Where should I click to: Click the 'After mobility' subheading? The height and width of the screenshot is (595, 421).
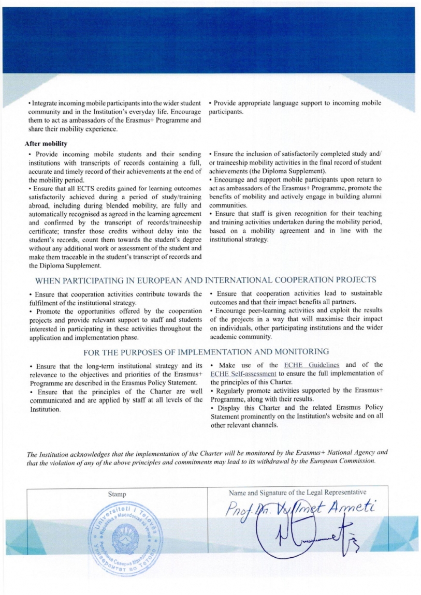[46, 143]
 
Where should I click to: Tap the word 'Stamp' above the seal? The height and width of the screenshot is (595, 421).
[117, 494]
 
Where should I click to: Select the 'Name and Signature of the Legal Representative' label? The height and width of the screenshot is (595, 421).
[297, 493]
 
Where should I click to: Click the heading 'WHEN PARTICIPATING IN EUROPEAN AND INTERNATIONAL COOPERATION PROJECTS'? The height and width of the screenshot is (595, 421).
[206, 280]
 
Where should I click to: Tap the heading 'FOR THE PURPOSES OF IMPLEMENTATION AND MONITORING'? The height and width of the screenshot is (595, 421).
[206, 352]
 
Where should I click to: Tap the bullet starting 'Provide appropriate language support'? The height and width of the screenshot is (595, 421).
[295, 107]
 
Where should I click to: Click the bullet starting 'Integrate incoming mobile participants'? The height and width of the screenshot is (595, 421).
[113, 116]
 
